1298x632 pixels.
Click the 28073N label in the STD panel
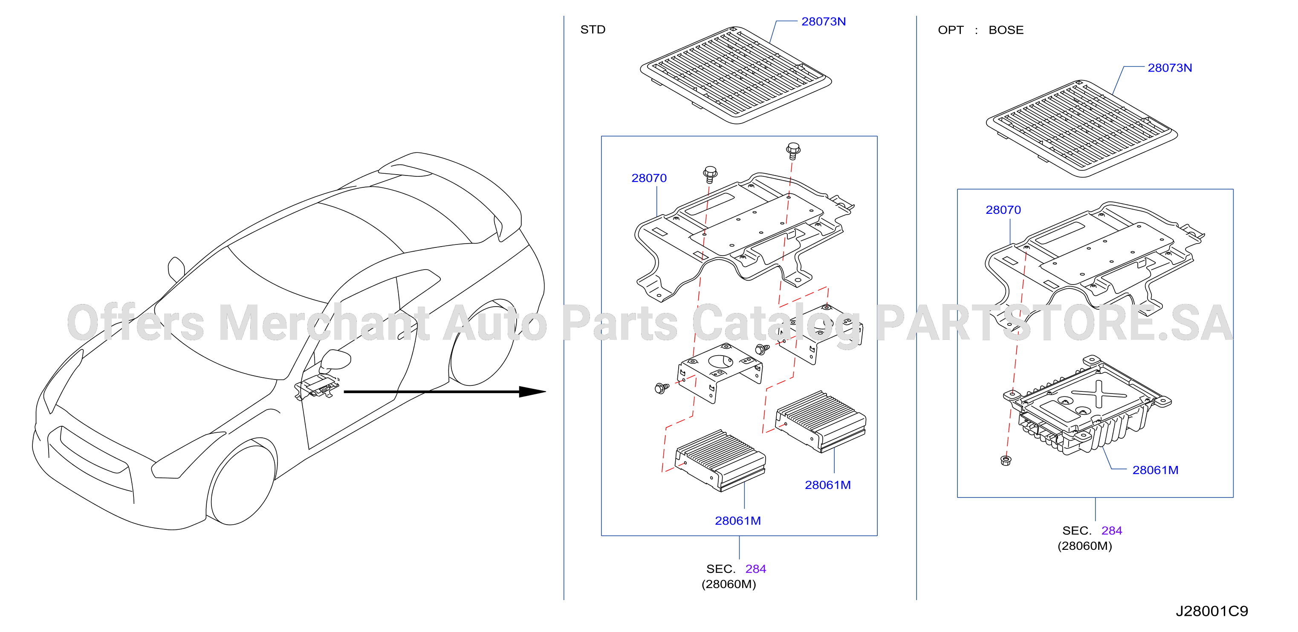point(823,22)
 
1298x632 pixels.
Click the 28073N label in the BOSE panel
point(1170,68)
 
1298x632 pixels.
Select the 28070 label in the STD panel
point(649,178)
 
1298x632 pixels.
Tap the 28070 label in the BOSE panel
point(1003,210)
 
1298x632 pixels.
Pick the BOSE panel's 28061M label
point(1155,470)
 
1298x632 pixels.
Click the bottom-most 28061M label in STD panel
point(738,521)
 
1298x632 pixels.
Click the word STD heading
point(593,30)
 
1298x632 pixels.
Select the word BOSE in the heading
point(1006,30)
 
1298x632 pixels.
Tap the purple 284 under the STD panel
point(755,569)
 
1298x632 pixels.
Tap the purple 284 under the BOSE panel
point(1112,531)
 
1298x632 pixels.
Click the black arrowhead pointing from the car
point(532,392)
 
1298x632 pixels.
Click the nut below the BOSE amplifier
point(1005,460)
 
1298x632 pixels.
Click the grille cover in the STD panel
point(736,75)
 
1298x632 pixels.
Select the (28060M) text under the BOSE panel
point(1084,546)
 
